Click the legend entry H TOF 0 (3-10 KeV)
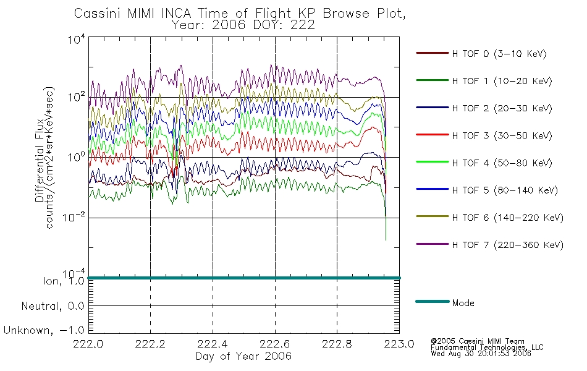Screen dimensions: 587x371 (x=499, y=54)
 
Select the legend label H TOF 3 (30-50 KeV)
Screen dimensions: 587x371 (x=502, y=135)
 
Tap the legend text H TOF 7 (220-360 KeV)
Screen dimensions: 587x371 (x=508, y=245)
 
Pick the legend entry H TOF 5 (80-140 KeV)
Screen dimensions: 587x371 (x=505, y=190)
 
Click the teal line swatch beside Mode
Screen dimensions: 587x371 (x=433, y=301)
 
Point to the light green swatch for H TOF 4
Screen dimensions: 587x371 (x=433, y=162)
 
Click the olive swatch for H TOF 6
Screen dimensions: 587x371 (x=433, y=216)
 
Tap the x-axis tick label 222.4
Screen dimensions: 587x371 (x=213, y=344)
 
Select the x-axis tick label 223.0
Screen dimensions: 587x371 (x=399, y=344)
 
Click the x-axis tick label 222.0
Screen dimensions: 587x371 (x=88, y=344)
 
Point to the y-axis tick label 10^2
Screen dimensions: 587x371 (x=77, y=96)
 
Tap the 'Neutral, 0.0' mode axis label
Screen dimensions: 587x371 (x=53, y=306)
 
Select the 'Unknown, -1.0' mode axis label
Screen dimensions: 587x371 (x=44, y=330)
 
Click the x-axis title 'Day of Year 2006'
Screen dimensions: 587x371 (x=243, y=356)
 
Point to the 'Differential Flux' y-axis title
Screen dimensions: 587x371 (x=40, y=160)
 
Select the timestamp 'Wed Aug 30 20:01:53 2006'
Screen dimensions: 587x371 (x=481, y=353)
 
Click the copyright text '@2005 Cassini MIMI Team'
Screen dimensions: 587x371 (x=477, y=341)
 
